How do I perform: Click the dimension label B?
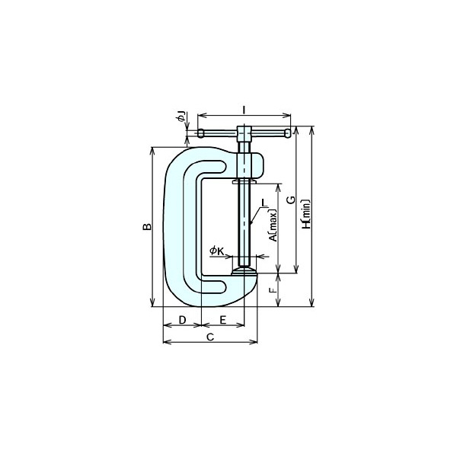[x=147, y=226]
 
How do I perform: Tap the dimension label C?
[x=210, y=337]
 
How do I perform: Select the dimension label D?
[x=182, y=320]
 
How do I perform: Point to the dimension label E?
[x=223, y=320]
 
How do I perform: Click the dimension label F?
[x=272, y=290]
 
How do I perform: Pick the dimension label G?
[x=291, y=200]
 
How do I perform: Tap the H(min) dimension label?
[x=306, y=214]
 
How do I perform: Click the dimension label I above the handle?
[x=244, y=110]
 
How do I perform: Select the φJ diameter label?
[x=181, y=117]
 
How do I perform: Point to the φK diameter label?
[x=216, y=251]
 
